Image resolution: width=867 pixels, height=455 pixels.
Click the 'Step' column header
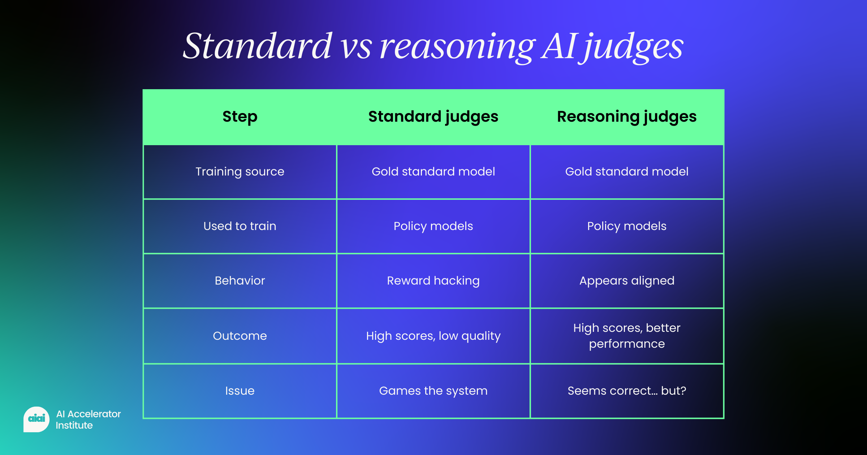click(x=240, y=117)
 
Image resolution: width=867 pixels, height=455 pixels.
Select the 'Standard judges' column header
click(x=433, y=117)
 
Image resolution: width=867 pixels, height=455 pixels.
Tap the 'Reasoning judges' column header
click(x=627, y=117)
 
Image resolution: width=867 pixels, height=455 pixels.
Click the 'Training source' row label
click(x=240, y=172)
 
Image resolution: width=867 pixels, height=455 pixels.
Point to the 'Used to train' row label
click(x=240, y=226)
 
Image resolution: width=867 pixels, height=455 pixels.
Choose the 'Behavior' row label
click(x=240, y=281)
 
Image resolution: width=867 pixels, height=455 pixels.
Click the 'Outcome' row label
click(x=240, y=336)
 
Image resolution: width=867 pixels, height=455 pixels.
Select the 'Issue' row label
click(x=240, y=391)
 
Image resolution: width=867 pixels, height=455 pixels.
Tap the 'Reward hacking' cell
click(x=433, y=281)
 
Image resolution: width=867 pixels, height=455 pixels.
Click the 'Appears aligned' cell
click(x=627, y=281)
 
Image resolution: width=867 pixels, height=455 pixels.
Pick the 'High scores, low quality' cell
click(x=433, y=336)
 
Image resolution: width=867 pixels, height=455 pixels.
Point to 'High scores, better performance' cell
click(x=627, y=336)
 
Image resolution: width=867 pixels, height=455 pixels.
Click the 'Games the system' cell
click(x=433, y=391)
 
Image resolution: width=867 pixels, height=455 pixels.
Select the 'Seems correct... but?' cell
click(x=627, y=391)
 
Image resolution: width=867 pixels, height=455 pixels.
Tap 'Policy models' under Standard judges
click(x=433, y=226)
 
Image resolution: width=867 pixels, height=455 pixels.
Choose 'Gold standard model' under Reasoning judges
click(x=627, y=172)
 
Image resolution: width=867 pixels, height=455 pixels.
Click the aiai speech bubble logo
click(x=36, y=419)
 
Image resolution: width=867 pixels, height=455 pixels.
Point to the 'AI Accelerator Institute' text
click(x=88, y=420)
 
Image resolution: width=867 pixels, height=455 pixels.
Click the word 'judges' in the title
click(x=634, y=47)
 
